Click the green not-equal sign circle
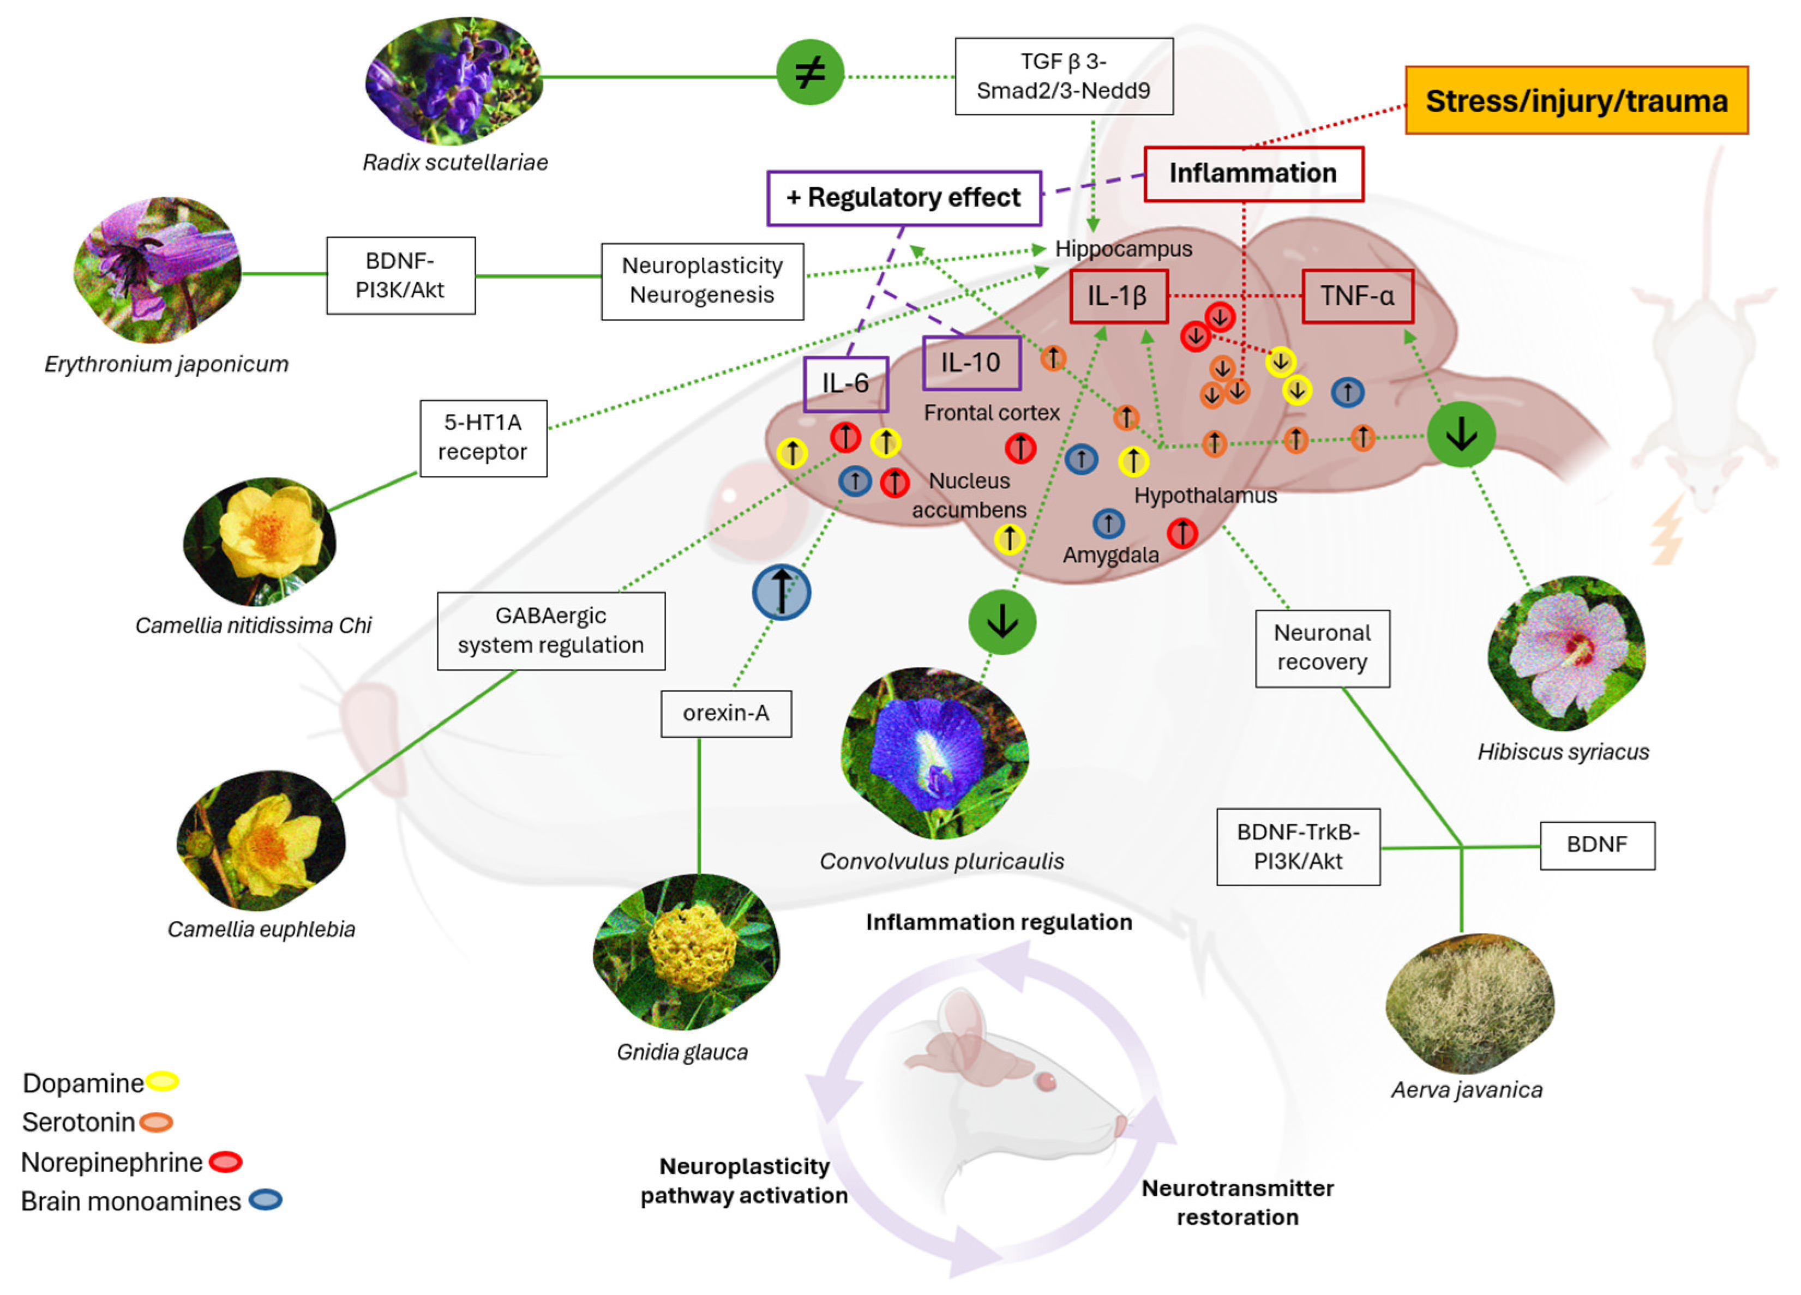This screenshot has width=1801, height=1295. [809, 73]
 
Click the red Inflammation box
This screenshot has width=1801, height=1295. [1253, 173]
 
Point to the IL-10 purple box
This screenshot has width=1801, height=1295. [971, 363]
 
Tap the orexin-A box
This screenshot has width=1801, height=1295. [726, 713]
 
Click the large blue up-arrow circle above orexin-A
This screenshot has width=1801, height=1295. [782, 592]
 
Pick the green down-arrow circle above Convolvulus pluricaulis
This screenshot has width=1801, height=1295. [1002, 622]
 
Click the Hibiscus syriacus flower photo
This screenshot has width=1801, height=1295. [1565, 653]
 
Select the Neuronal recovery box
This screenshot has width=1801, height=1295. [1322, 648]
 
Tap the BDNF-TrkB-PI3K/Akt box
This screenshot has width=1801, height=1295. [1298, 846]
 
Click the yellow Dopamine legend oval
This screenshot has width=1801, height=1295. [163, 1081]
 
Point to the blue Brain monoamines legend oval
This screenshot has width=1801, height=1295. [265, 1200]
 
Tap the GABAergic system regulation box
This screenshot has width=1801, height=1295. [550, 630]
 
